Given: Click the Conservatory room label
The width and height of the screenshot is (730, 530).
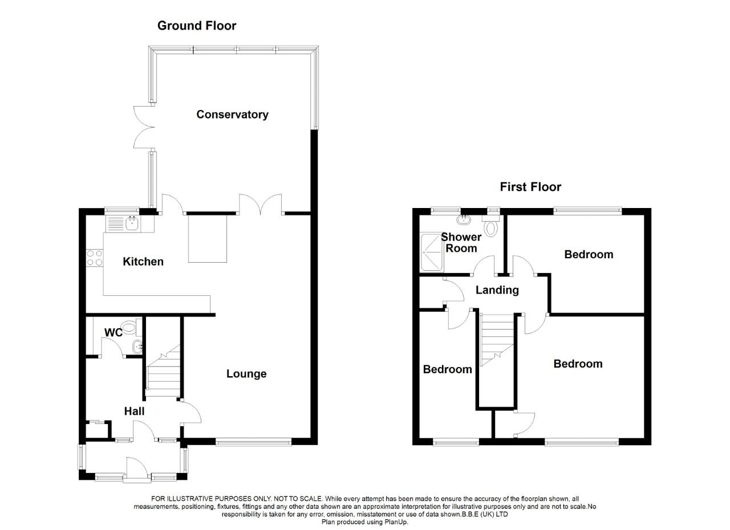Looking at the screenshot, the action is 232,115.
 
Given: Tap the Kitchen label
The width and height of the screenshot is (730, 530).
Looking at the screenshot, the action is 143,262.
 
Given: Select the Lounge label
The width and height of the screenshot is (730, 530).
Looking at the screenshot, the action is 246,374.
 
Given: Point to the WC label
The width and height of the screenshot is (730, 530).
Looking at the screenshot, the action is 113,333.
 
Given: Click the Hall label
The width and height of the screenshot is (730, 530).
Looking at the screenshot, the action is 135,411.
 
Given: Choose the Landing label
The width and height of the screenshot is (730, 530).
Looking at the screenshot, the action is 497,290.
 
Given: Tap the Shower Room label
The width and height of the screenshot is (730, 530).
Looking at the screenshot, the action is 461,243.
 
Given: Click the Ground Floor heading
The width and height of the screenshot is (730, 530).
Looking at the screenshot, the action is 196,26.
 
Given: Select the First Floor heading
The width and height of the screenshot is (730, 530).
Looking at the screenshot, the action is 530,187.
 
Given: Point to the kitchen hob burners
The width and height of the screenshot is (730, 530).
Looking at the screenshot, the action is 95,258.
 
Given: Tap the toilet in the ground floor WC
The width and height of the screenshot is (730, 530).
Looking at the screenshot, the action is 131,327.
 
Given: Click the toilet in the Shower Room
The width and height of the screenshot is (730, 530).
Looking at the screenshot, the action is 490,227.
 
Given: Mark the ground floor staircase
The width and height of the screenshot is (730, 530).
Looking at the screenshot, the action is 163,373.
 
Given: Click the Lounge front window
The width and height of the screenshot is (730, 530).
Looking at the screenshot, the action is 254,441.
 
